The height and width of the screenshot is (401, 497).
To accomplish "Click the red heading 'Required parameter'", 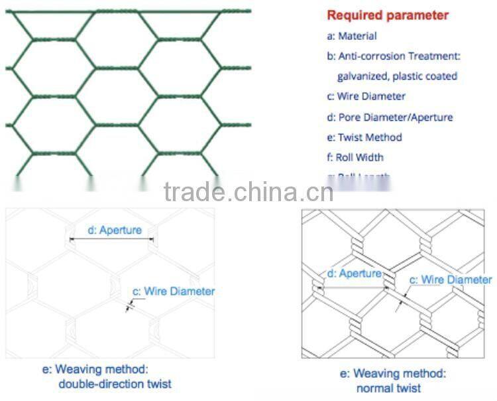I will click(x=388, y=15).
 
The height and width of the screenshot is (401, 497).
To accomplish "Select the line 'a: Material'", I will click(x=352, y=36).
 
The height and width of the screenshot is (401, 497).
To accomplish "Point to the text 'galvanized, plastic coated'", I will click(x=397, y=76).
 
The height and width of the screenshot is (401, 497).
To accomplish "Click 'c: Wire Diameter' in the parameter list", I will click(x=366, y=96).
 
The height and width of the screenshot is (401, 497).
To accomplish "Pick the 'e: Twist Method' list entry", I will click(x=364, y=137).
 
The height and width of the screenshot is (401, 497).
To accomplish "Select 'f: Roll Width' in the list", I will click(x=355, y=157).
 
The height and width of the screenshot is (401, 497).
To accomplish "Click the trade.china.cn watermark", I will click(x=248, y=192).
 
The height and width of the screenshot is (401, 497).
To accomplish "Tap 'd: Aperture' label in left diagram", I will click(x=115, y=230).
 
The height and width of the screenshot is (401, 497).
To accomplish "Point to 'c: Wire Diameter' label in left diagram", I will click(x=174, y=291).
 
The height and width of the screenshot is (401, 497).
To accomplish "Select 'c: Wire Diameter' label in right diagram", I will click(x=450, y=280).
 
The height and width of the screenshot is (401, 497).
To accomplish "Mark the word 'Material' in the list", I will click(x=357, y=36).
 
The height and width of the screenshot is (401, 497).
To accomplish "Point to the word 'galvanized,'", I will click(x=364, y=76).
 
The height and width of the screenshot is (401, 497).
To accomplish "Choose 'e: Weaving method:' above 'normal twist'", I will click(x=392, y=374).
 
